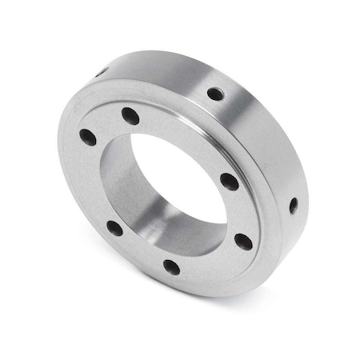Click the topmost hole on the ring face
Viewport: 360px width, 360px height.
130,116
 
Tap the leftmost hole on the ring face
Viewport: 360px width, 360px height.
88,138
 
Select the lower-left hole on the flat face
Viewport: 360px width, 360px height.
115,228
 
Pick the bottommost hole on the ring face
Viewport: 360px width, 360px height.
171,266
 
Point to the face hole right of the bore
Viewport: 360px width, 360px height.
230,182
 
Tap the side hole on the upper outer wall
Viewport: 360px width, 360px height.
215,94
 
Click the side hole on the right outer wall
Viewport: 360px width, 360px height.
293,205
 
